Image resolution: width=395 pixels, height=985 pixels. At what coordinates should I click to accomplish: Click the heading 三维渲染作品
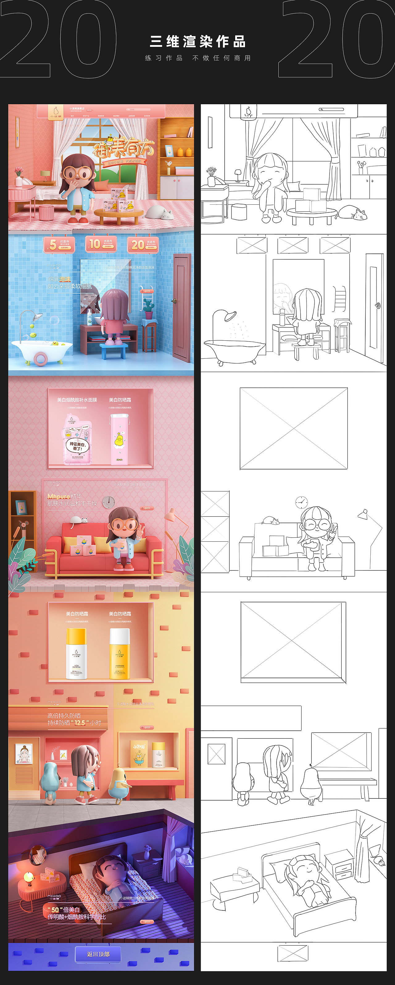pyautogui.click(x=197, y=41)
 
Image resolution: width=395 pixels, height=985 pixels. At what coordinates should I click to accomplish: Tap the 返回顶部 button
pyautogui.click(x=98, y=954)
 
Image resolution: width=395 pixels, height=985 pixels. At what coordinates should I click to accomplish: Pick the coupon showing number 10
pyautogui.click(x=101, y=244)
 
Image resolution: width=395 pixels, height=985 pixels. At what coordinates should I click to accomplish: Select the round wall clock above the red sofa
pyautogui.click(x=109, y=502)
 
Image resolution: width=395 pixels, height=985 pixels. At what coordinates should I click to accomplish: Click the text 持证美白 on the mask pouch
pyautogui.click(x=77, y=446)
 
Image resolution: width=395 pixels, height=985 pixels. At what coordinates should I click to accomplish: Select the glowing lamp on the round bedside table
pyautogui.click(x=29, y=877)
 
